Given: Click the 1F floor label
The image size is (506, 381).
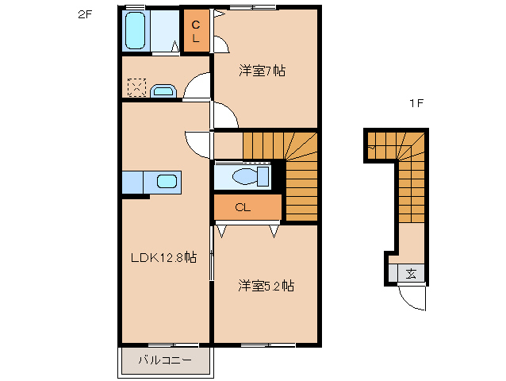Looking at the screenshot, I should [415, 103].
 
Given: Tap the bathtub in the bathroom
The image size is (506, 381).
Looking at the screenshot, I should [136, 32].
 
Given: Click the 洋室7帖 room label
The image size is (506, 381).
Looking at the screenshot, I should [263, 71].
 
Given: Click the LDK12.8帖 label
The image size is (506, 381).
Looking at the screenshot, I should [163, 258].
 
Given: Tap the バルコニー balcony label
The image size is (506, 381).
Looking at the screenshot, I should [165, 360].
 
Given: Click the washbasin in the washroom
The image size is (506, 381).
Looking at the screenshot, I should [163, 90].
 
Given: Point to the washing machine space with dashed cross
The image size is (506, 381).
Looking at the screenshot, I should [136, 87].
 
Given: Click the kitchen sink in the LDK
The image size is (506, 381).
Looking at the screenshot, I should [167, 182].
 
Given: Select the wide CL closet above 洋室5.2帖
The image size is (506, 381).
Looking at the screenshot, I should [247, 207].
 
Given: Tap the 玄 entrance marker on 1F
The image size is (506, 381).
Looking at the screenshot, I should [411, 274].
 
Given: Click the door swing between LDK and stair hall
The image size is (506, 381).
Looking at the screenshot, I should [198, 143].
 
